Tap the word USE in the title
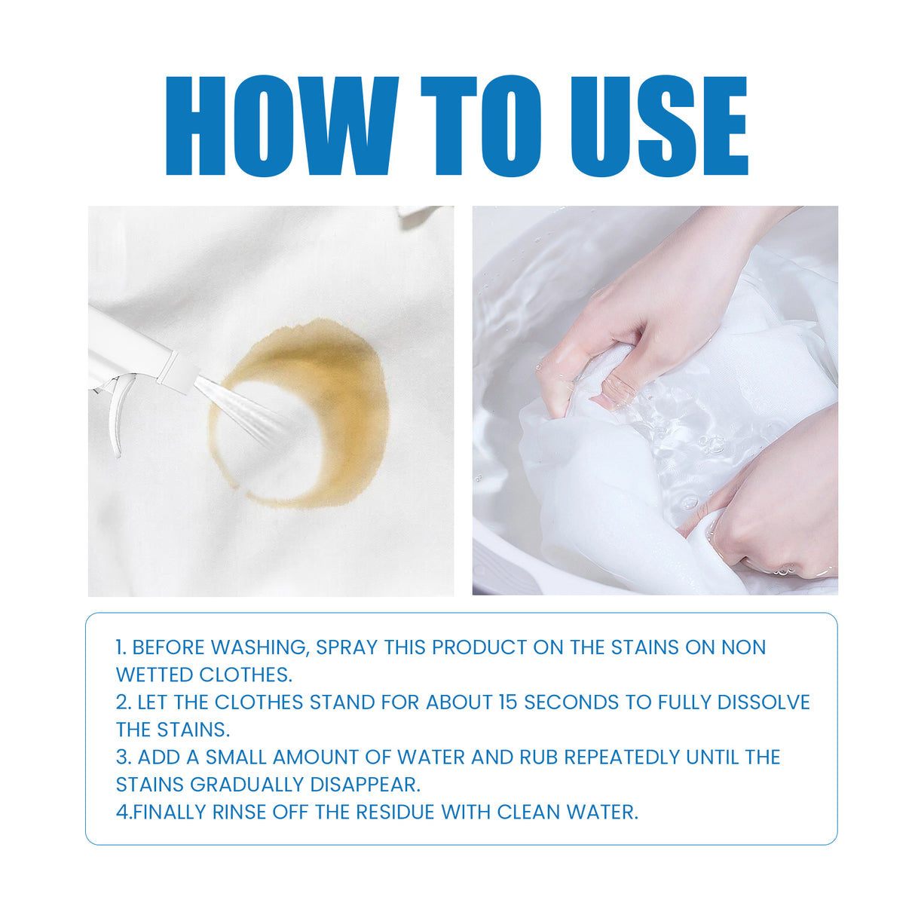click(658, 126)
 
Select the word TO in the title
click(480, 126)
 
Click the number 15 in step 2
click(508, 702)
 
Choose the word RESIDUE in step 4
click(396, 812)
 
